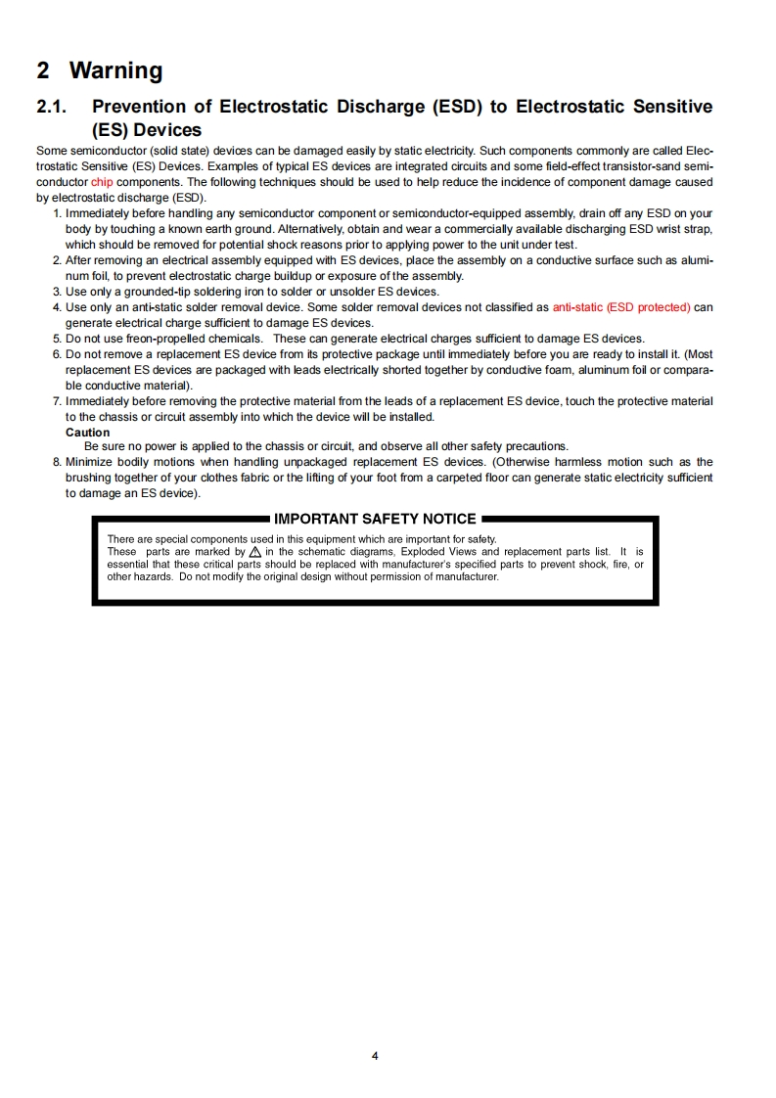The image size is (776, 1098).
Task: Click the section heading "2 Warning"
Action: [99, 70]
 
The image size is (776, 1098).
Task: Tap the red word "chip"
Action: [102, 182]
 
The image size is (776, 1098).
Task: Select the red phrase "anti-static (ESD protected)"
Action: [620, 307]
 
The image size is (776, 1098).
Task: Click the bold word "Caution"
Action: [87, 433]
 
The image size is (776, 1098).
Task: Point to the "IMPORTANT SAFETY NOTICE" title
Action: [375, 519]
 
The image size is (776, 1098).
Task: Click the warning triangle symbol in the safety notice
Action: [255, 552]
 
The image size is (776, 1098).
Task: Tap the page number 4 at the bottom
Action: [375, 1056]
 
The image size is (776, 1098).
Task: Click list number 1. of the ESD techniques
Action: [57, 213]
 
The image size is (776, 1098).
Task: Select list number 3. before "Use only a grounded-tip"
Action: [57, 292]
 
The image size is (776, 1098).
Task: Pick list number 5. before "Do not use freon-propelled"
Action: [57, 339]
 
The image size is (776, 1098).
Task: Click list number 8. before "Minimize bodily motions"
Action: [57, 462]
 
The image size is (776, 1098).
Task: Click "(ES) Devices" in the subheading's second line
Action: [147, 130]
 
